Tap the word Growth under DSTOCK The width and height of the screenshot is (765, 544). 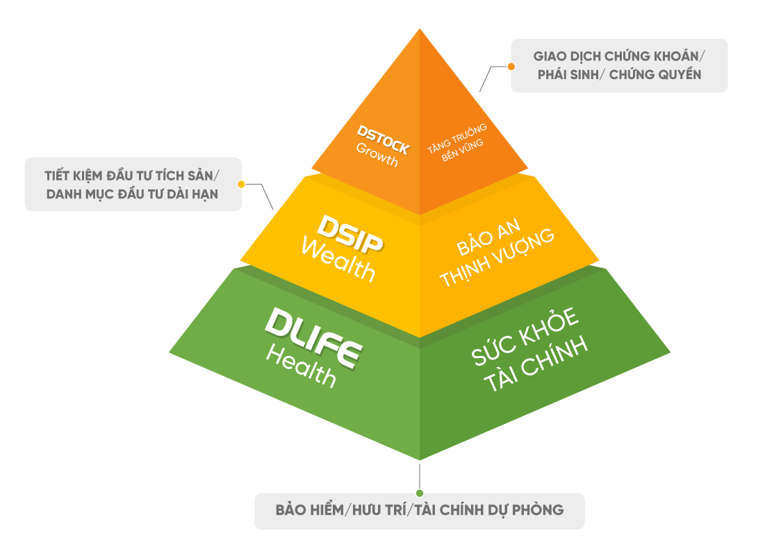point(377,155)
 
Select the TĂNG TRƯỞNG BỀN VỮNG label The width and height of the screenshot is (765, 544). point(463,142)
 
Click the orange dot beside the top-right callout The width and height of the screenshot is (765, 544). point(511,67)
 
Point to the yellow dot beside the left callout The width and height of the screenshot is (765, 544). point(241,185)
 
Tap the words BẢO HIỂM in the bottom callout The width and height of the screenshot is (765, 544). point(309,510)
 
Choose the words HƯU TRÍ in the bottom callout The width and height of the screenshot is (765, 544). point(376,510)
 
